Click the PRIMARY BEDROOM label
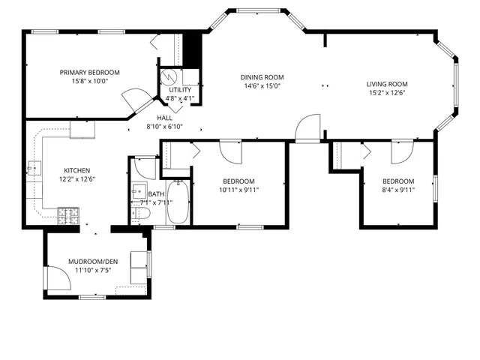click(90, 73)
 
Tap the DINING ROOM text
click(261, 76)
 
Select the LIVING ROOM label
click(386, 84)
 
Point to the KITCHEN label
click(78, 170)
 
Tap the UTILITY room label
click(179, 89)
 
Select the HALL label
click(164, 118)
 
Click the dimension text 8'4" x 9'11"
click(397, 190)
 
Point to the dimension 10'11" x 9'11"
click(238, 190)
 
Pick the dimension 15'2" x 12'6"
click(386, 93)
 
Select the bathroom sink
click(139, 188)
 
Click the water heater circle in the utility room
click(170, 76)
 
